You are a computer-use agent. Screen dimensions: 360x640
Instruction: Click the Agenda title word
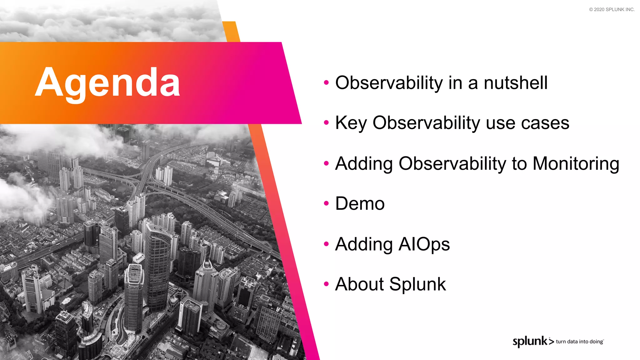[x=107, y=83]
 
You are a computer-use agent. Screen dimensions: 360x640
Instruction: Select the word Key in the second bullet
[x=351, y=123]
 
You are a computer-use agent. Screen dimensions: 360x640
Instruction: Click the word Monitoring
[x=576, y=163]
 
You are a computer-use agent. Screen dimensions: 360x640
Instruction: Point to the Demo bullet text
[x=360, y=204]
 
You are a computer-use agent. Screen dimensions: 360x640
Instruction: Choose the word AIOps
[x=424, y=244]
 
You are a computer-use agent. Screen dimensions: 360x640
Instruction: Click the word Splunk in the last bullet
[x=417, y=284]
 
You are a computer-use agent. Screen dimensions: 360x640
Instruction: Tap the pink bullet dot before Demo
[x=326, y=203]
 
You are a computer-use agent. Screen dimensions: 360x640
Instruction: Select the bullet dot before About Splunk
[x=326, y=284]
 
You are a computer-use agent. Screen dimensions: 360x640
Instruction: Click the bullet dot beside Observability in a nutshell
[x=326, y=82]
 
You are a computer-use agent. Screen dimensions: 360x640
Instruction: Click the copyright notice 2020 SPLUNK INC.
[x=612, y=10]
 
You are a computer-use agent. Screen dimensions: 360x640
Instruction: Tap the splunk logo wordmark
[x=530, y=341]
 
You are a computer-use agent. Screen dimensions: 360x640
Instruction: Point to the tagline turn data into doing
[x=579, y=342]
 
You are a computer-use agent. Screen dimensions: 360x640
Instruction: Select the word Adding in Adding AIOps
[x=364, y=244]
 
